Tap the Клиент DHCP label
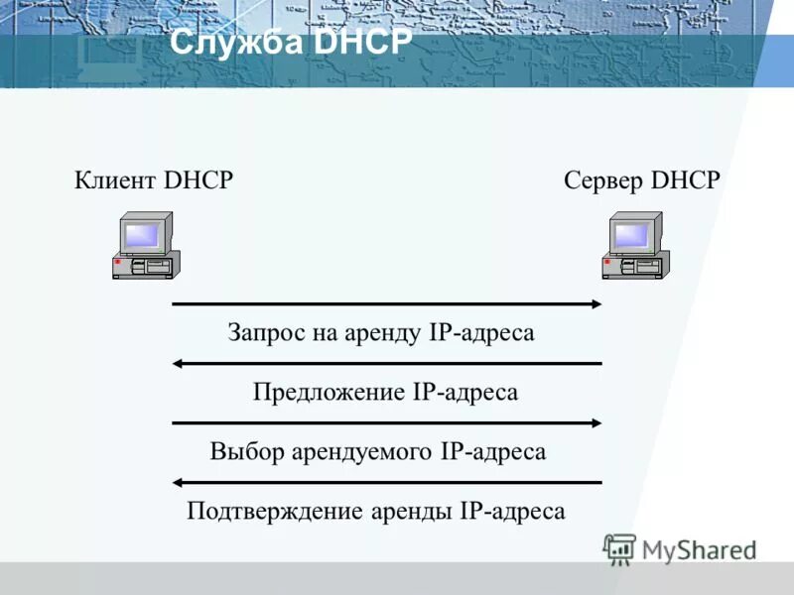(154, 180)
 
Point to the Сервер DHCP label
(642, 180)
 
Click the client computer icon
(145, 246)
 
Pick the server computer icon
(635, 246)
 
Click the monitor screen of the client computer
(141, 235)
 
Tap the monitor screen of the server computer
(631, 235)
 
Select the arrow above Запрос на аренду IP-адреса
(387, 303)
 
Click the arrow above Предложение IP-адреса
(387, 363)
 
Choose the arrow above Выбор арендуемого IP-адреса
(387, 422)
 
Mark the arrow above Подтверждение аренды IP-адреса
(387, 483)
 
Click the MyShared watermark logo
(679, 547)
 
